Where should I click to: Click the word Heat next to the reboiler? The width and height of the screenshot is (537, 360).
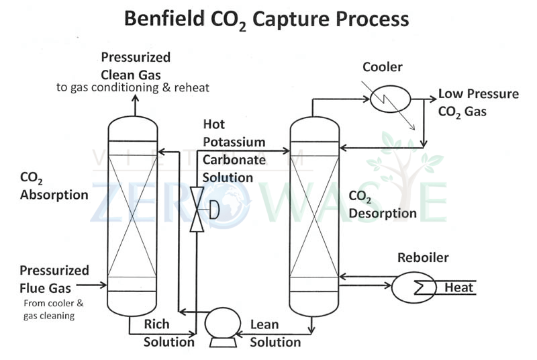[459, 288]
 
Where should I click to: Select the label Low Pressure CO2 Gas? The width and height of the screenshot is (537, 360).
[478, 102]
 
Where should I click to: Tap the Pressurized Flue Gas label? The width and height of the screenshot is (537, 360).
[54, 278]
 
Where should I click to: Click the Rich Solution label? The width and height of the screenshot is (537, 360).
[168, 333]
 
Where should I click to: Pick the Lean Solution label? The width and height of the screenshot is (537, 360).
[275, 333]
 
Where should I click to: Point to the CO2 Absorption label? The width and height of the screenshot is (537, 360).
[54, 187]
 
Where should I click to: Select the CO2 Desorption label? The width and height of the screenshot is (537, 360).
[383, 205]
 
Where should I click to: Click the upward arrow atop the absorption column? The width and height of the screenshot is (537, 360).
[134, 103]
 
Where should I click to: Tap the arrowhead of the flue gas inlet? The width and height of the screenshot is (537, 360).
[103, 285]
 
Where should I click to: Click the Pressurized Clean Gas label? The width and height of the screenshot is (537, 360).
[136, 65]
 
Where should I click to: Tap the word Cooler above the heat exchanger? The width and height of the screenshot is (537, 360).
[383, 67]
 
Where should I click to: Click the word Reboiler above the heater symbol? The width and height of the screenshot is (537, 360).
[423, 257]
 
